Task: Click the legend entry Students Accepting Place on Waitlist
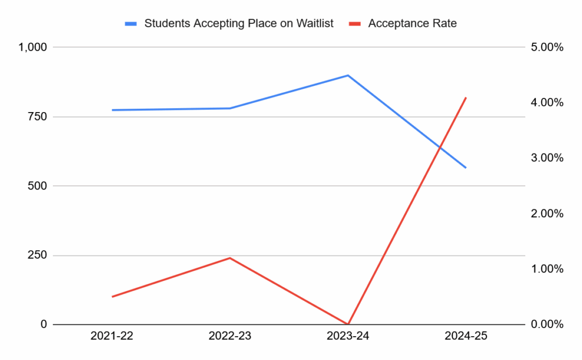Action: click(239, 23)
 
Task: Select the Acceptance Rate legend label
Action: click(412, 23)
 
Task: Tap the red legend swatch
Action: click(356, 23)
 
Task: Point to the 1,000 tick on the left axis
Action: click(34, 47)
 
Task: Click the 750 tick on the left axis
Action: click(38, 117)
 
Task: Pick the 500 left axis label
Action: click(38, 186)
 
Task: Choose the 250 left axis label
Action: click(38, 255)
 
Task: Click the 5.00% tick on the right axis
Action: click(547, 47)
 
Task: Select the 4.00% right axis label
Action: click(547, 103)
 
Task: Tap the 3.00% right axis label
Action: click(547, 158)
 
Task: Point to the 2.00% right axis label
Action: click(547, 214)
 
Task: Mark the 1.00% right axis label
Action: click(547, 269)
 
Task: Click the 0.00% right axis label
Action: click(547, 325)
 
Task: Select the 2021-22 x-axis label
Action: click(112, 337)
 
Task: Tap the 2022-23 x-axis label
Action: click(230, 337)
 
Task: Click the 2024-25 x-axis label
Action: click(466, 337)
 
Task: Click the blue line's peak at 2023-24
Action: click(348, 75)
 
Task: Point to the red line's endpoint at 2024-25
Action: click(466, 98)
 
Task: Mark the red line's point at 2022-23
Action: click(230, 258)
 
